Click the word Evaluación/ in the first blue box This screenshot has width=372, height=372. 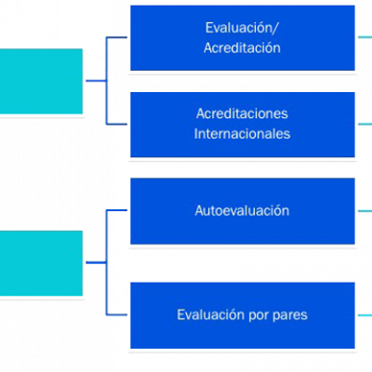pos(242,28)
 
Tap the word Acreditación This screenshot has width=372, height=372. pos(242,48)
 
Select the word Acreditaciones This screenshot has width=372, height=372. pos(242,113)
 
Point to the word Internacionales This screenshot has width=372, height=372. pos(242,134)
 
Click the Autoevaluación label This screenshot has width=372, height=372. pos(242,211)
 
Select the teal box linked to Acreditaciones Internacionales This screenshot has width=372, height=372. pos(41,81)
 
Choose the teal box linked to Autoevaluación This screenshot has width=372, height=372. pos(41,263)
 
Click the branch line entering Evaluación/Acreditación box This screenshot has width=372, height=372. pos(116,37)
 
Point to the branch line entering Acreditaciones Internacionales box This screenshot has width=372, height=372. pos(116,124)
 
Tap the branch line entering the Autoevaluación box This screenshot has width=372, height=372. pos(116,210)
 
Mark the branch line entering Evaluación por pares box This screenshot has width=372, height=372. pos(116,314)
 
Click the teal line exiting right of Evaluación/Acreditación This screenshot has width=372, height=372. pos(365,37)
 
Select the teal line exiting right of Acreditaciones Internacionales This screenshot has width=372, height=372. pos(365,124)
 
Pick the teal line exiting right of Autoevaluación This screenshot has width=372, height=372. pos(365,211)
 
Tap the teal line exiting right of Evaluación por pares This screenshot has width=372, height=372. pos(365,315)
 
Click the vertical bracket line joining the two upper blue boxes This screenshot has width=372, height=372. pos(107,81)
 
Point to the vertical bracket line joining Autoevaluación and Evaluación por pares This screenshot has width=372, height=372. pos(107,262)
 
